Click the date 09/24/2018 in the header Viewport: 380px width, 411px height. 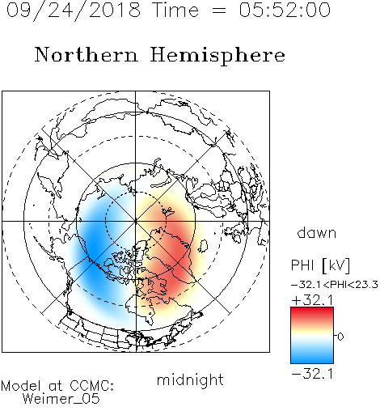(74, 11)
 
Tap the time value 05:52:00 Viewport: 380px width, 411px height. (285, 10)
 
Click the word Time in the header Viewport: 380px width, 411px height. (175, 10)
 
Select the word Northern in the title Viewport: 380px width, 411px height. (87, 54)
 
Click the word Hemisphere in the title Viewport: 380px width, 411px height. (217, 56)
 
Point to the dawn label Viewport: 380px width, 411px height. (317, 232)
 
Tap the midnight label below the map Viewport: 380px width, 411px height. (190, 379)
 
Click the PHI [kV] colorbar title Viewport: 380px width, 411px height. (320, 265)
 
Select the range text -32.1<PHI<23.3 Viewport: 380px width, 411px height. (335, 285)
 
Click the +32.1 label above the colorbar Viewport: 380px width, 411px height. (312, 300)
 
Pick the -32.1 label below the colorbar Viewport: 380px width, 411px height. (312, 374)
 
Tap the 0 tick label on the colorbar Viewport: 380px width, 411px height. (340, 337)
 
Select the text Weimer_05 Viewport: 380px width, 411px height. (61, 399)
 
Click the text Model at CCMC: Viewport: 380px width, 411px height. (57, 386)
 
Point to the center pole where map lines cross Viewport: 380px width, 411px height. (136, 221)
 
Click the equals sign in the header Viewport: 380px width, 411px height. (218, 11)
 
